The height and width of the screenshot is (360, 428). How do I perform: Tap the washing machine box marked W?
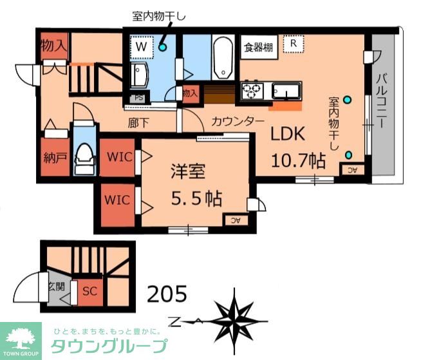[140, 46]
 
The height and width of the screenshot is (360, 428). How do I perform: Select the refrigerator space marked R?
[293, 44]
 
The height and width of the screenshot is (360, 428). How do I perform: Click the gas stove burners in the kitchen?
[251, 90]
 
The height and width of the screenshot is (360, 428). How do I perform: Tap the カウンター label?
[237, 120]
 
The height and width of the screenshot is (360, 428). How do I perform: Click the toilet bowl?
[84, 155]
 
